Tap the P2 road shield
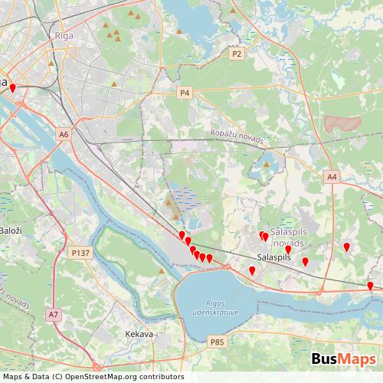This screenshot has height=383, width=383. [237, 54]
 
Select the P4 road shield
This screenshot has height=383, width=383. [184, 93]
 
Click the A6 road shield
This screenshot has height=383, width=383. [64, 134]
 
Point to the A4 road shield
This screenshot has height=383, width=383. [331, 177]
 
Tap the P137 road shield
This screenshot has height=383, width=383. [80, 252]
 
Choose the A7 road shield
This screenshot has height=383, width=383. [53, 314]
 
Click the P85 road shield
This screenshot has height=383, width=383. [218, 342]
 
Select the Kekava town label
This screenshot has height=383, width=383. [139, 334]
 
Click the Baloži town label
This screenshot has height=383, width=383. [11, 231]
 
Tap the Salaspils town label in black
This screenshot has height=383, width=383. [275, 257]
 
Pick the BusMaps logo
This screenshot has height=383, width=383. [343, 359]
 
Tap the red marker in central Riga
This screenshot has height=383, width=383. [12, 88]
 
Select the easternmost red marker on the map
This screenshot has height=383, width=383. [370, 286]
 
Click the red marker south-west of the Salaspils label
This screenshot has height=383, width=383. [252, 270]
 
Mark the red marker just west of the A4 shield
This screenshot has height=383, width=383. [346, 247]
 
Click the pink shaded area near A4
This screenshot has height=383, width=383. [341, 123]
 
